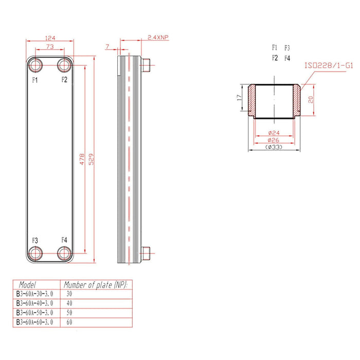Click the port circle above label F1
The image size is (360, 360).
tap(37, 65)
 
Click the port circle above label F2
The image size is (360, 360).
tap(64, 65)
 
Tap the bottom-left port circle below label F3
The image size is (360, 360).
tap(37, 253)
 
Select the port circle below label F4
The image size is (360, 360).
tap(64, 253)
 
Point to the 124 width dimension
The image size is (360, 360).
tap(50, 38)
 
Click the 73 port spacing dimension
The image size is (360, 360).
tap(50, 47)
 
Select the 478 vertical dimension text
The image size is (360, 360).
tap(82, 159)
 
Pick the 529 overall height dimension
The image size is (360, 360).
tap(92, 159)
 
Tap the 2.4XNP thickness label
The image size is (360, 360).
tap(157, 38)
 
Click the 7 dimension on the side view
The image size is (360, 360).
tap(107, 47)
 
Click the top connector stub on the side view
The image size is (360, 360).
tap(148, 65)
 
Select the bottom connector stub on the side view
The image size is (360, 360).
tap(148, 253)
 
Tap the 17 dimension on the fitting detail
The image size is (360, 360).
tap(238, 98)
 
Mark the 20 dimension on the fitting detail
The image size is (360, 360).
tap(311, 100)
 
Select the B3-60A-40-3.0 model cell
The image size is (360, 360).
tap(34, 303)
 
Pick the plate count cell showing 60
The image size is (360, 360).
tap(70, 322)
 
